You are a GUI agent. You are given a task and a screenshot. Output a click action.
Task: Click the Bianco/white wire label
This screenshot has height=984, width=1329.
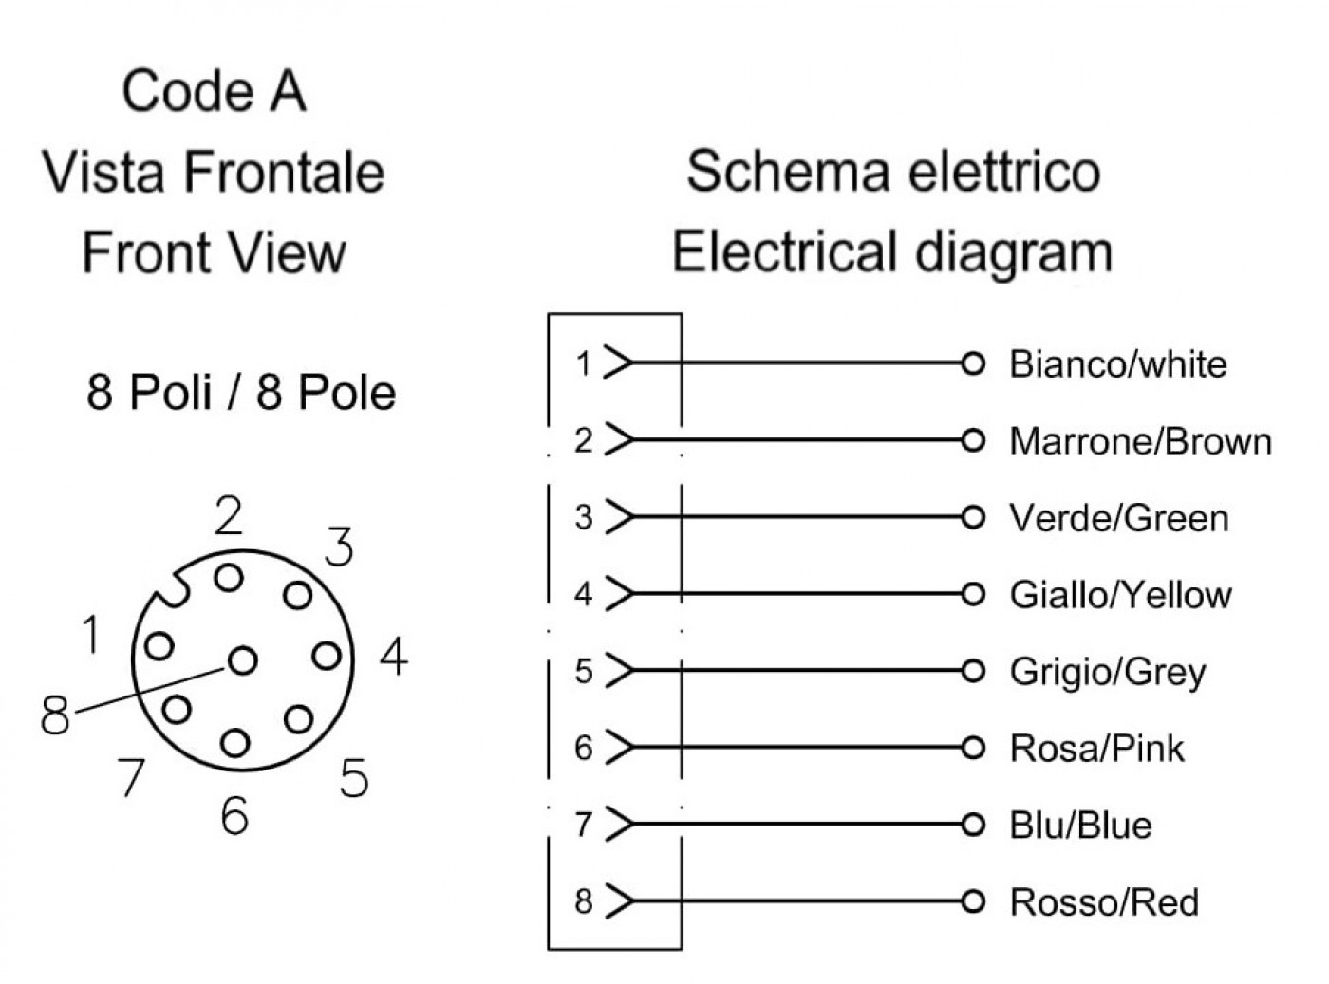point(1117,364)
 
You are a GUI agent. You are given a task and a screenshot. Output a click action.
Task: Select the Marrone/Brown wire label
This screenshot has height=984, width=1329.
point(1140,441)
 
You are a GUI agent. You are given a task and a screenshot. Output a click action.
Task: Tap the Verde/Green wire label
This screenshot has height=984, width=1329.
point(1118,518)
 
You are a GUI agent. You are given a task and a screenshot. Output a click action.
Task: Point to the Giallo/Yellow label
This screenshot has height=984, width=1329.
point(1120,595)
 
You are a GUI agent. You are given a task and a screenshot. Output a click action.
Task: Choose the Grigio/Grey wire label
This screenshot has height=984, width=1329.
point(1107,673)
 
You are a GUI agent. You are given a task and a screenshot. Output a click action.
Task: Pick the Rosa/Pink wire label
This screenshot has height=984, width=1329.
point(1096,748)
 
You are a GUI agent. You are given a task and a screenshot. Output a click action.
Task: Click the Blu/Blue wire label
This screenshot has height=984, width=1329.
point(1080,825)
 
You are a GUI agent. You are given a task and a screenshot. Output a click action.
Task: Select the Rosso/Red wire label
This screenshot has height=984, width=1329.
point(1104,902)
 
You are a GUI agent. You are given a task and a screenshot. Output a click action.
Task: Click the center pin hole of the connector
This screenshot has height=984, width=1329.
point(243,660)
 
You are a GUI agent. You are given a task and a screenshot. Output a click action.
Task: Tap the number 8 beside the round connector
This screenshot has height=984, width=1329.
point(55,715)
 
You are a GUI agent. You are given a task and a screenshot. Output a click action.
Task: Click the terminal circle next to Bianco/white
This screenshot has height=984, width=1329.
point(973,362)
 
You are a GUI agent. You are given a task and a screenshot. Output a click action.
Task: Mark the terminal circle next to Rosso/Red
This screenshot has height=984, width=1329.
point(973,900)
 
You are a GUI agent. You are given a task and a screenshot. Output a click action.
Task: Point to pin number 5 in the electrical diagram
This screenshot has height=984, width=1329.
point(584,671)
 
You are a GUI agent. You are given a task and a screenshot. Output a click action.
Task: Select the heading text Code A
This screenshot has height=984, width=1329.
point(214,91)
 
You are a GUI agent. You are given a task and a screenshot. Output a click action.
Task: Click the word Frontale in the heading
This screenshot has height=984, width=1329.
point(284,172)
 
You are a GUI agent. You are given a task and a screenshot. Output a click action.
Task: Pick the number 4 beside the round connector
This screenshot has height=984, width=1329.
point(394,657)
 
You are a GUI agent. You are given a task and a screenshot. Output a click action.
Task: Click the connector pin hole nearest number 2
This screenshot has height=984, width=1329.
point(229,578)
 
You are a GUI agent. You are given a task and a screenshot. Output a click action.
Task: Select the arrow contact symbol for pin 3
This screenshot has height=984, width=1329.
point(619,516)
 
